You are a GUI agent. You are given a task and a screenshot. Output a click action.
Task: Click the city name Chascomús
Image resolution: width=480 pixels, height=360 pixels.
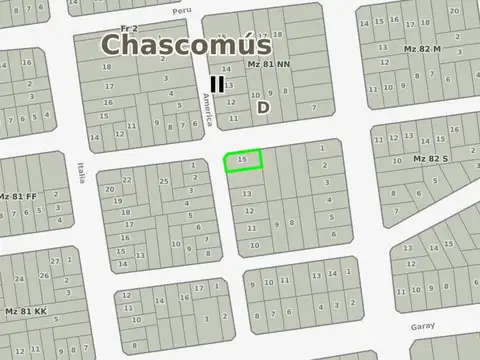pos(186,45)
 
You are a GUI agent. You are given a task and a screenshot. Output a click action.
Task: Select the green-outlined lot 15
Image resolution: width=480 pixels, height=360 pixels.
pos(242,160)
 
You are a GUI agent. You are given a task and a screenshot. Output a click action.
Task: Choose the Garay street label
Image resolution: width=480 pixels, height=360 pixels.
pos(422,326)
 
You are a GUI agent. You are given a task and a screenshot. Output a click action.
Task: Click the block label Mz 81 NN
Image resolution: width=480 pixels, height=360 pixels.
pos(268,64)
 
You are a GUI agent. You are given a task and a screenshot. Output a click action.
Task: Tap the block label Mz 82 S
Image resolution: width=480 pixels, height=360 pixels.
pos(431,159)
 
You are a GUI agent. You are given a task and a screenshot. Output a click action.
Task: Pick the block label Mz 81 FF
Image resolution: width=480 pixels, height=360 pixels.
pos(18,196)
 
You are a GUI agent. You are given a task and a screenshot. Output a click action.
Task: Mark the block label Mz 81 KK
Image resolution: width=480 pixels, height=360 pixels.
pos(26,311)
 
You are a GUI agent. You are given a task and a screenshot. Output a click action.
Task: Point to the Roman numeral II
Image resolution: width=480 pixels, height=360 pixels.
pos(217,85)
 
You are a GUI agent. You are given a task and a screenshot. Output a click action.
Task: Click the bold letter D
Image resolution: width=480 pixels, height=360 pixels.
pos(263,106)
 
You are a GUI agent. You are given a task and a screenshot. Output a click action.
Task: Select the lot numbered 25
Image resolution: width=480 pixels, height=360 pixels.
pos(163,181)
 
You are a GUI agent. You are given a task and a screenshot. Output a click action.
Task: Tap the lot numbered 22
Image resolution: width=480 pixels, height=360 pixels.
pos(127,180)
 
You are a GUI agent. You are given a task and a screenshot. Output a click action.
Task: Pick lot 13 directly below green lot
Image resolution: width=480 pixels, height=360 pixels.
pos(247,192)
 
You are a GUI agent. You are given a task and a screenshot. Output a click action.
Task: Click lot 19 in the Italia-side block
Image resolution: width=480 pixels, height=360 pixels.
pos(117,200)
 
